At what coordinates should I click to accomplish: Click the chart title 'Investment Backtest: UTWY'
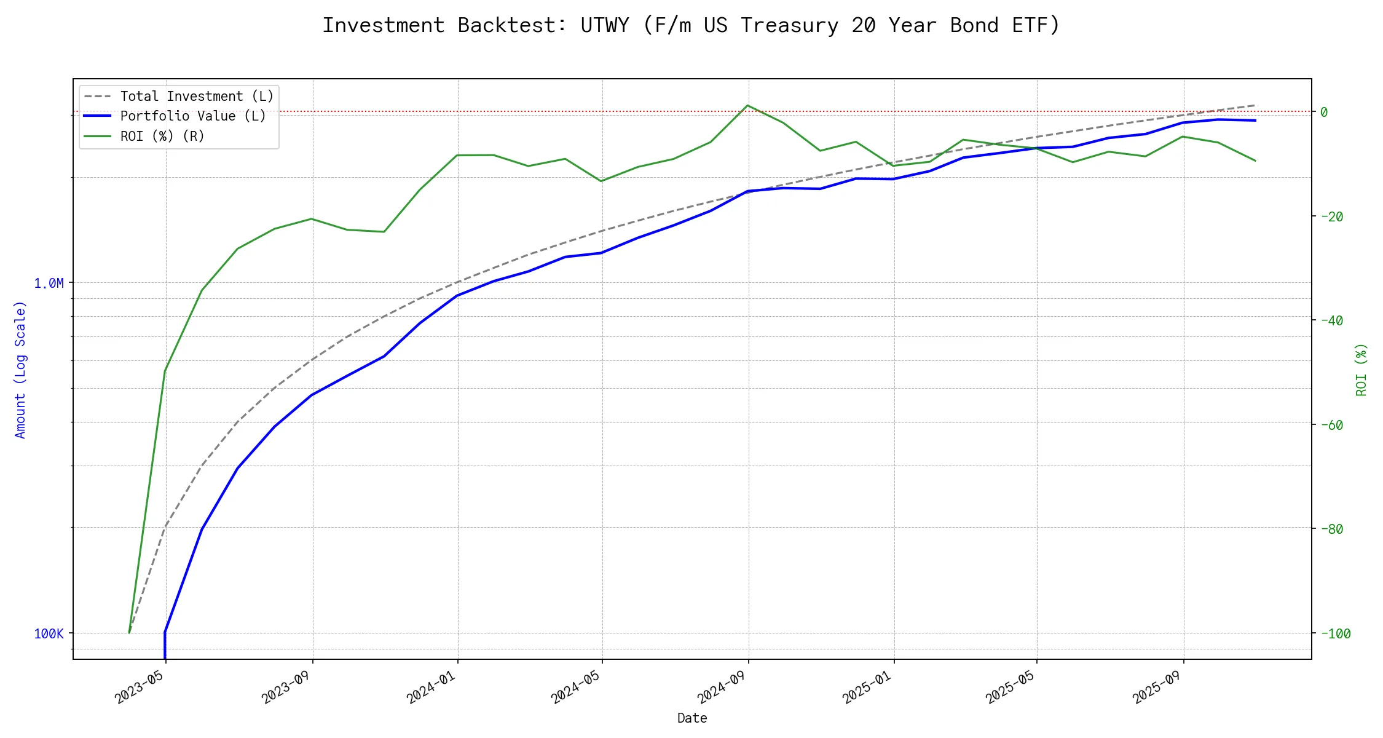pyautogui.click(x=691, y=26)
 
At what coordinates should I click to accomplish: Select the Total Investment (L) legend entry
pyautogui.click(x=197, y=97)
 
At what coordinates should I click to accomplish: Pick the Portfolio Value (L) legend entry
pyautogui.click(x=193, y=116)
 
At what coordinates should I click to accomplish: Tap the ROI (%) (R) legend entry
pyautogui.click(x=162, y=136)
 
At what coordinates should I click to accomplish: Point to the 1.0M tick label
pyautogui.click(x=49, y=284)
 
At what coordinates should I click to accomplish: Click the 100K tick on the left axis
pyautogui.click(x=49, y=634)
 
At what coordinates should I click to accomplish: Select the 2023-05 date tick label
pyautogui.click(x=140, y=686)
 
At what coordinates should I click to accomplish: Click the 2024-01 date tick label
pyautogui.click(x=431, y=686)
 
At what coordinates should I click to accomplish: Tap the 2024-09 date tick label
pyautogui.click(x=722, y=686)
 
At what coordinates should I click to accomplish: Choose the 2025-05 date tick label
pyautogui.click(x=1011, y=686)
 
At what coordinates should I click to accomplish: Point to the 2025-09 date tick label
pyautogui.click(x=1157, y=686)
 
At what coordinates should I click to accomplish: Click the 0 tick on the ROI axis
pyautogui.click(x=1324, y=112)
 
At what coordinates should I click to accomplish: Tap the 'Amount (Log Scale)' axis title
pyautogui.click(x=20, y=369)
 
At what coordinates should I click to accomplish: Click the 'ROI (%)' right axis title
pyautogui.click(x=1361, y=369)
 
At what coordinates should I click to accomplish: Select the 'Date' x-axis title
pyautogui.click(x=692, y=718)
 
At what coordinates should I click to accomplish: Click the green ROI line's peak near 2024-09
pyautogui.click(x=747, y=105)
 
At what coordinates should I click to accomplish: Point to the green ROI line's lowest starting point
pyautogui.click(x=129, y=632)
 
